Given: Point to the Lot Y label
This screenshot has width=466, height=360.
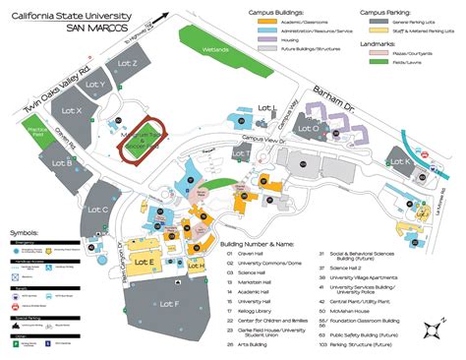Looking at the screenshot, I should [95, 86].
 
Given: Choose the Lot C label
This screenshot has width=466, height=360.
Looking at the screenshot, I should [97, 210].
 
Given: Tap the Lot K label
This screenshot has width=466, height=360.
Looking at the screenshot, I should [400, 161].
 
